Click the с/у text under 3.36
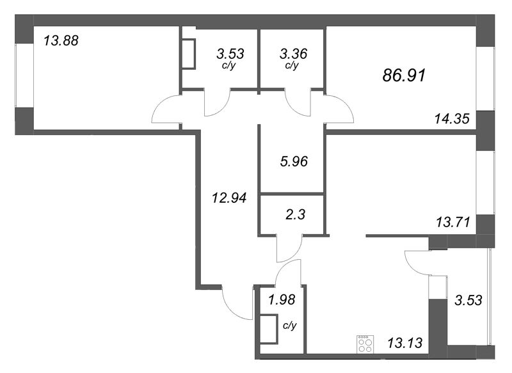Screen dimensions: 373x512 click(291, 66)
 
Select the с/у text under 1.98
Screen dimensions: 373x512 click(289, 326)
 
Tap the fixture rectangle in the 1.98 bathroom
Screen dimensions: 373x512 click(268, 330)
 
